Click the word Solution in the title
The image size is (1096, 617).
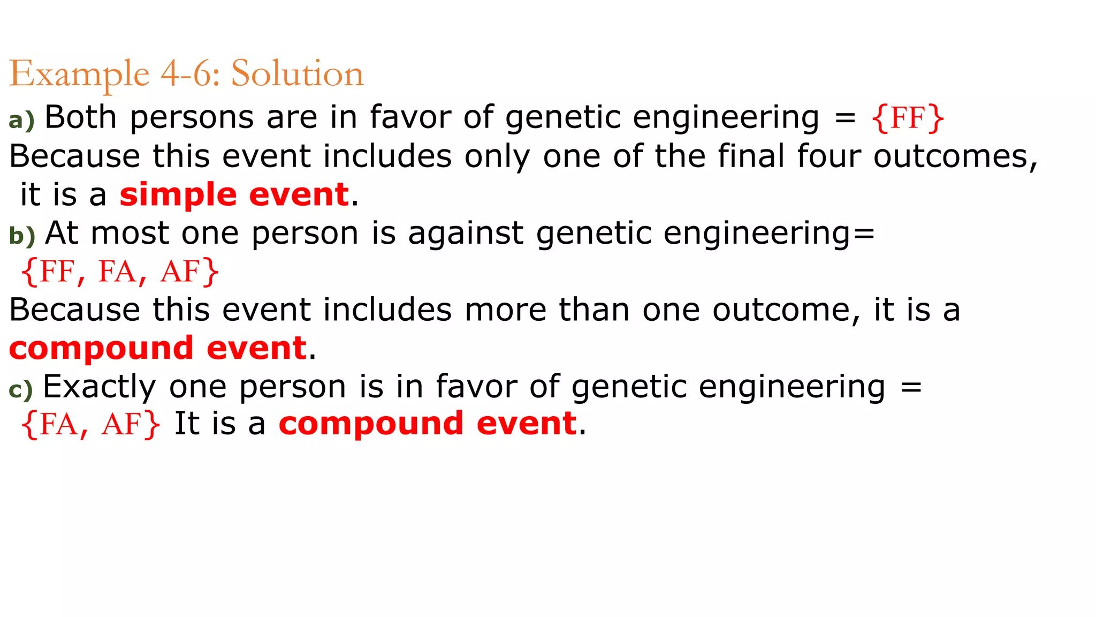pos(297,73)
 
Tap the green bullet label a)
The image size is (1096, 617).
pos(21,119)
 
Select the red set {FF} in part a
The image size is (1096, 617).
pos(908,118)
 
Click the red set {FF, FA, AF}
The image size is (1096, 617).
pos(120,272)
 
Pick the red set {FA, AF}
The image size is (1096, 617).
pos(90,425)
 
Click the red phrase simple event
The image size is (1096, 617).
pos(234,194)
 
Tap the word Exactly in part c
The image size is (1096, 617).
pos(99,387)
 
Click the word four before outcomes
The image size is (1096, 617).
pos(828,156)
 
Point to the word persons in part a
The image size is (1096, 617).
pos(192,118)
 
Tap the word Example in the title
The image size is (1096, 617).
pos(79,74)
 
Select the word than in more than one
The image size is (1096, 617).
pos(594,310)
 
